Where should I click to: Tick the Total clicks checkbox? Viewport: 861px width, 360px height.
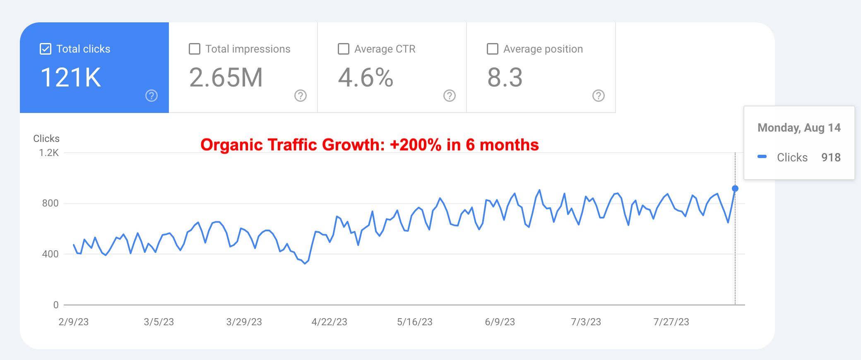pyautogui.click(x=46, y=49)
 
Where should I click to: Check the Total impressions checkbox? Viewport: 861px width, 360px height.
pyautogui.click(x=195, y=49)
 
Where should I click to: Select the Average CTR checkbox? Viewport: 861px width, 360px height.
pyautogui.click(x=344, y=49)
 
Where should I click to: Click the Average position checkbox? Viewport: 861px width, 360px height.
pyautogui.click(x=493, y=49)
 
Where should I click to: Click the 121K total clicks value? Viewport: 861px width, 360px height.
pyautogui.click(x=71, y=77)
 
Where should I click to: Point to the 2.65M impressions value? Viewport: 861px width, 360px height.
pyautogui.click(x=226, y=77)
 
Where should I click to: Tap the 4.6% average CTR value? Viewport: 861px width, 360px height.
pyautogui.click(x=366, y=77)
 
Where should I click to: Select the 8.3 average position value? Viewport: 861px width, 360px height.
pyautogui.click(x=505, y=77)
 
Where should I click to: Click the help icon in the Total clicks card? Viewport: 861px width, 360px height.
pyautogui.click(x=152, y=96)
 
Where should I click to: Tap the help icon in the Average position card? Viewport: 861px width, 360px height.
pyautogui.click(x=599, y=96)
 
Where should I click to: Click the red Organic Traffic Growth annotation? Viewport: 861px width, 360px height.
pyautogui.click(x=370, y=145)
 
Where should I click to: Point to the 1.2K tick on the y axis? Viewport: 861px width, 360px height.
pyautogui.click(x=49, y=153)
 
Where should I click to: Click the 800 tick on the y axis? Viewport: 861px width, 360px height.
pyautogui.click(x=50, y=203)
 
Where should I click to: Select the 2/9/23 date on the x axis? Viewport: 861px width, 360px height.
pyautogui.click(x=74, y=322)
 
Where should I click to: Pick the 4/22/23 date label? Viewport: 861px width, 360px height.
pyautogui.click(x=329, y=322)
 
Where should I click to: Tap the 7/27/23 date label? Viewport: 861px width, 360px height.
pyautogui.click(x=671, y=322)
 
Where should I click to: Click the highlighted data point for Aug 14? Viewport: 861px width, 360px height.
pyautogui.click(x=735, y=189)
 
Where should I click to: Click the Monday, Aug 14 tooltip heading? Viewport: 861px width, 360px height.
pyautogui.click(x=799, y=128)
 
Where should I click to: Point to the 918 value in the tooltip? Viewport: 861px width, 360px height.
pyautogui.click(x=831, y=157)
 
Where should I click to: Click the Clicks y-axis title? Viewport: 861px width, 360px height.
pyautogui.click(x=46, y=139)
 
